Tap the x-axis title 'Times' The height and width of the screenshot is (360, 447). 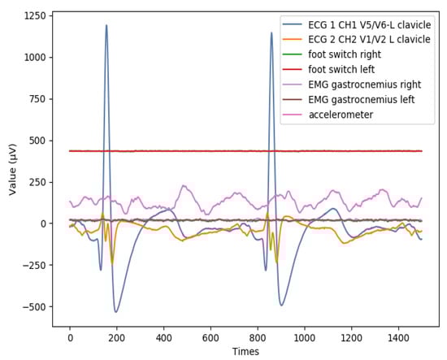[245, 351]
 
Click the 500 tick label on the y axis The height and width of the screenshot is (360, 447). [36, 141]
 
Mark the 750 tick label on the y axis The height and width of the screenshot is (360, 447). [36, 99]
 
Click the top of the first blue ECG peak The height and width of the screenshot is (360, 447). [106, 25]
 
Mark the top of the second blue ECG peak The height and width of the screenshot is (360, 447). [271, 33]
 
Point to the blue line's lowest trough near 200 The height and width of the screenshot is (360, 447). [116, 312]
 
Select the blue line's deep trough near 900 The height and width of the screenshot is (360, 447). [281, 305]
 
